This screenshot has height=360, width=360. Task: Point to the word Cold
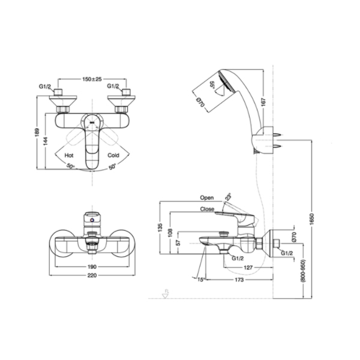(x=114, y=155)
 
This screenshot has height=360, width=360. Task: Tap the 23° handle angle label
(x=228, y=196)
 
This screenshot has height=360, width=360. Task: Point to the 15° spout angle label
(x=199, y=279)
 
